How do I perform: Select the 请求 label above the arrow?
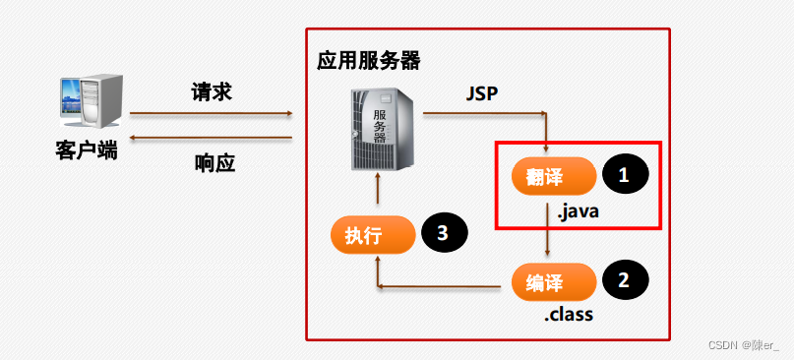[x=212, y=92]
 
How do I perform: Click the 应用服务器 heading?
[x=368, y=61]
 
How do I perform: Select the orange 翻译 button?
[x=553, y=177]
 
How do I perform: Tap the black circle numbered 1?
[x=624, y=175]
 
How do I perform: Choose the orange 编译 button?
[x=553, y=282]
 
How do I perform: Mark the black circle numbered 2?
[x=624, y=279]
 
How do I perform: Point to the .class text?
[x=570, y=316]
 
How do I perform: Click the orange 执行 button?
[x=371, y=235]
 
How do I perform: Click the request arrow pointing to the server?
[x=212, y=113]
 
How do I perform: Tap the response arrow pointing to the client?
[x=212, y=139]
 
